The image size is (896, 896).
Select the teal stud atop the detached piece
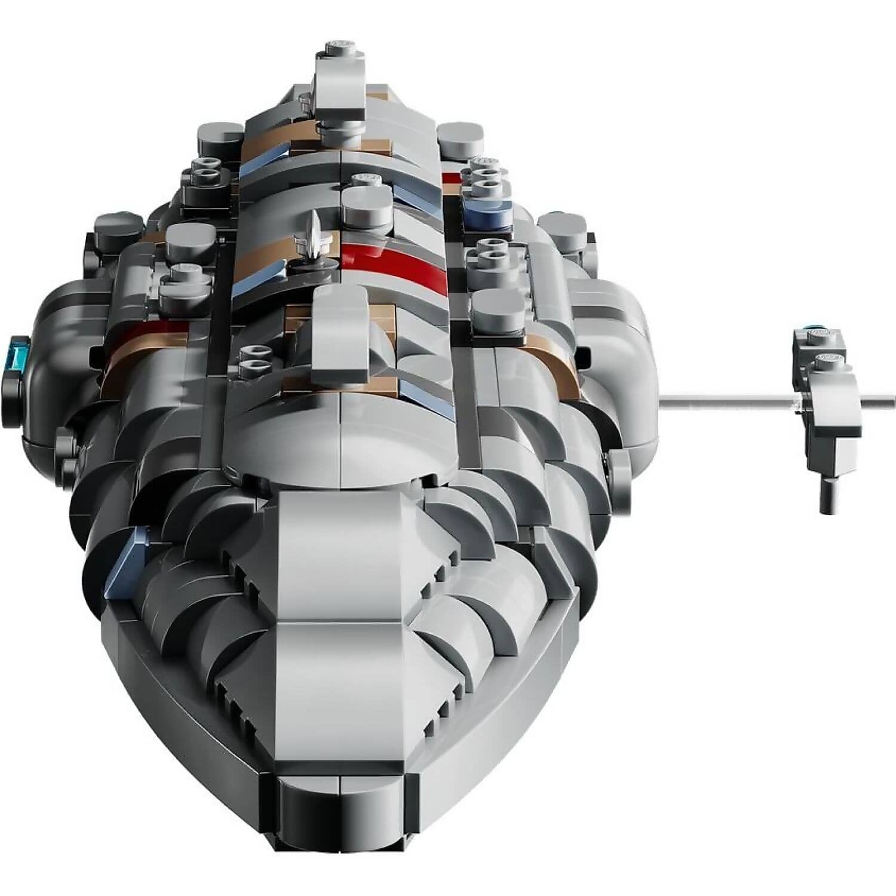pyautogui.click(x=814, y=327)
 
